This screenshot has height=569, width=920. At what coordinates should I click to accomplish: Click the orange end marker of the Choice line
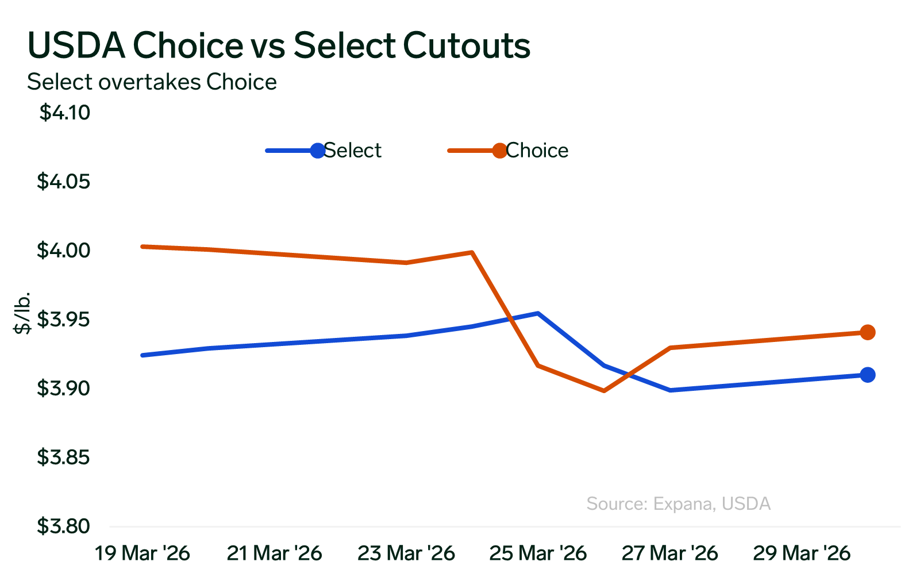click(868, 332)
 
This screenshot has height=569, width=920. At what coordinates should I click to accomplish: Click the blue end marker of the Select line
click(868, 375)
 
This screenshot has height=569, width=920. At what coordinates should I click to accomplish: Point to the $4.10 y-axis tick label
click(65, 113)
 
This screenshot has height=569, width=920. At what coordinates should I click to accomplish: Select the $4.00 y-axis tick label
click(64, 251)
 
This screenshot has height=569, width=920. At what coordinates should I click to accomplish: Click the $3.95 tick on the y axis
click(64, 320)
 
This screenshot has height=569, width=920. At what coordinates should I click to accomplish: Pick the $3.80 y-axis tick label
click(64, 526)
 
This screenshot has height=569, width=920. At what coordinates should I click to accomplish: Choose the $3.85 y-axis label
click(64, 457)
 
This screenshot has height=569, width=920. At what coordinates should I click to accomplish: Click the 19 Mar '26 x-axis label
click(142, 553)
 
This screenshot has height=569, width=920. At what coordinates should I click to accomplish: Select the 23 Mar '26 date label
click(406, 553)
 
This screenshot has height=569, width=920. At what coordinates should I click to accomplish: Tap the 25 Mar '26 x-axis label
click(538, 553)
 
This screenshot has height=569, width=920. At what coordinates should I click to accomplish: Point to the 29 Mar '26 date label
click(802, 553)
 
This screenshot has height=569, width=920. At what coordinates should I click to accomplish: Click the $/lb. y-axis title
click(22, 313)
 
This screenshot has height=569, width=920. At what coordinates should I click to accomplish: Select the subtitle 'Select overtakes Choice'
click(152, 82)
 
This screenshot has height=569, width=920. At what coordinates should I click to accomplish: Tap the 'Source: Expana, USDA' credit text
click(678, 504)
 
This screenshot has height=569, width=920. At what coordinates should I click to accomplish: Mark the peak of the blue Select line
click(538, 313)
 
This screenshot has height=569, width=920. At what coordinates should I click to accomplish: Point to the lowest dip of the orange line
click(604, 391)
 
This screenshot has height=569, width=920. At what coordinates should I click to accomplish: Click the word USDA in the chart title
click(76, 45)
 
